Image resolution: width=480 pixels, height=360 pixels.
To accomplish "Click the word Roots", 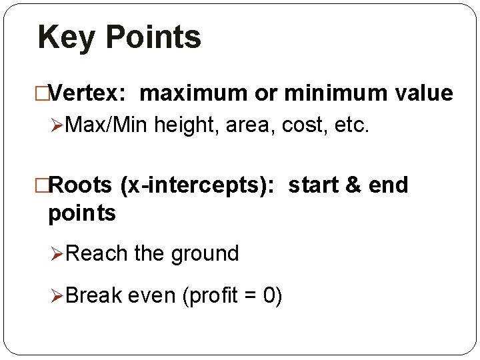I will [81, 185].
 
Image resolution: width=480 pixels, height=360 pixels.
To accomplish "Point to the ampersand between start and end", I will [352, 185].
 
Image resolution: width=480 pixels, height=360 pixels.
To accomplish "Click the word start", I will [315, 185].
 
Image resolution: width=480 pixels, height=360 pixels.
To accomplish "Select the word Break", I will [93, 294].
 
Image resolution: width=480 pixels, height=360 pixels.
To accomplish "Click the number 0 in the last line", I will [268, 294].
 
